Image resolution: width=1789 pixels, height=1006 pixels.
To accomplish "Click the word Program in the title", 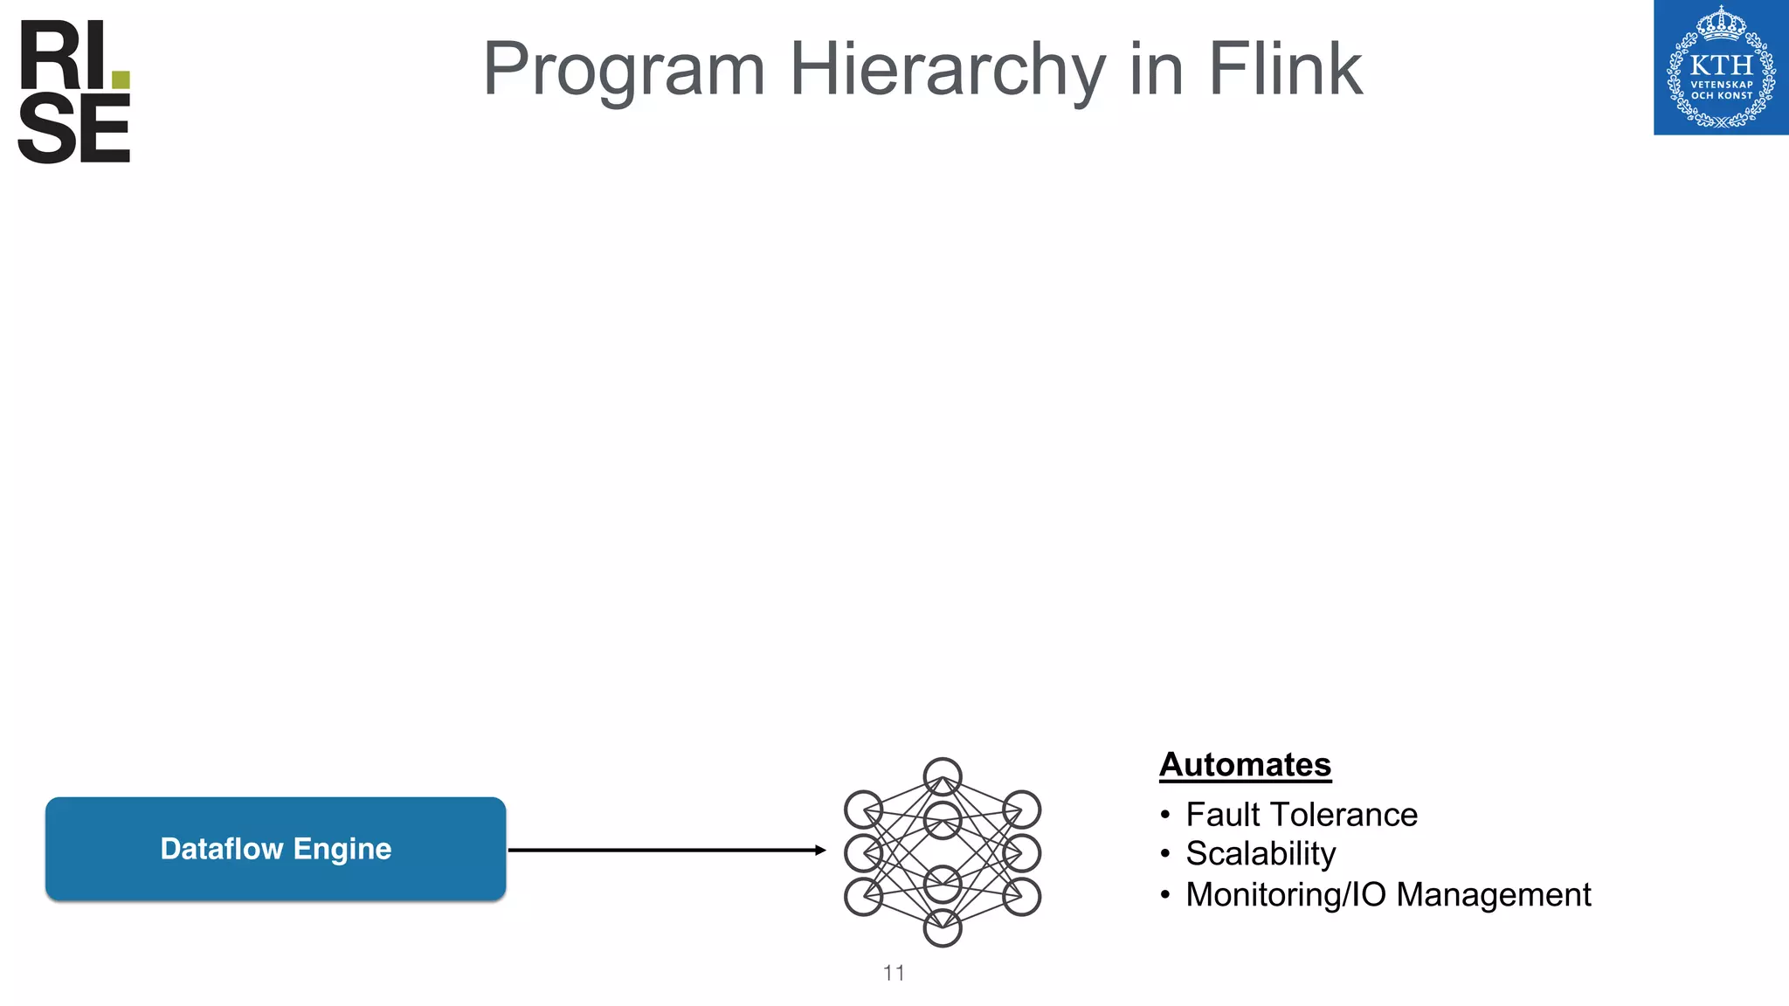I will click(x=624, y=70).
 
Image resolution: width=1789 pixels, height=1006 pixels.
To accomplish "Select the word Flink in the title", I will click(x=1285, y=70).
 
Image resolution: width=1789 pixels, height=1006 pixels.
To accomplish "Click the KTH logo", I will click(x=1721, y=67).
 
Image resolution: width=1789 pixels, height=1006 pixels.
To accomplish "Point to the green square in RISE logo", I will click(x=121, y=79).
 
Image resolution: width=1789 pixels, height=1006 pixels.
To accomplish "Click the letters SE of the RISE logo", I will click(x=74, y=130).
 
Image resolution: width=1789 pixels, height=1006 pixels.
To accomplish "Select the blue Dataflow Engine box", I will click(x=275, y=849).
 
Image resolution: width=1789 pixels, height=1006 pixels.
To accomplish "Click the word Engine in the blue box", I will click(x=342, y=849).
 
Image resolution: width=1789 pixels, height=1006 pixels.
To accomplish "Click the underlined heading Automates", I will click(x=1245, y=765).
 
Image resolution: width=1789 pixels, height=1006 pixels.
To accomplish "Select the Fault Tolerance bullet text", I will click(x=1301, y=815).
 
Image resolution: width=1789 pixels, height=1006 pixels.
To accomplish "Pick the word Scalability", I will click(x=1261, y=854).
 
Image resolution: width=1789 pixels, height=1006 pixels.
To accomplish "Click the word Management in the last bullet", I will click(x=1493, y=895).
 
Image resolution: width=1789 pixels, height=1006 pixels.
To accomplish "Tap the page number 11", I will click(x=894, y=973).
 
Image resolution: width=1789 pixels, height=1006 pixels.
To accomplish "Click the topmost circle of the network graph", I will click(x=943, y=776).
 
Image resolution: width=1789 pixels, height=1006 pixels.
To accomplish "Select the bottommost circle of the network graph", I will click(x=943, y=928).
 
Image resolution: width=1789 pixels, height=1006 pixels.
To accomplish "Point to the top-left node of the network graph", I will click(x=863, y=810).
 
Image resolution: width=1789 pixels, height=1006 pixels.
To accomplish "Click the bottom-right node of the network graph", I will click(x=1021, y=897).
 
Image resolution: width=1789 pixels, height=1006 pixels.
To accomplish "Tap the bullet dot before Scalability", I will click(x=1164, y=855).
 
